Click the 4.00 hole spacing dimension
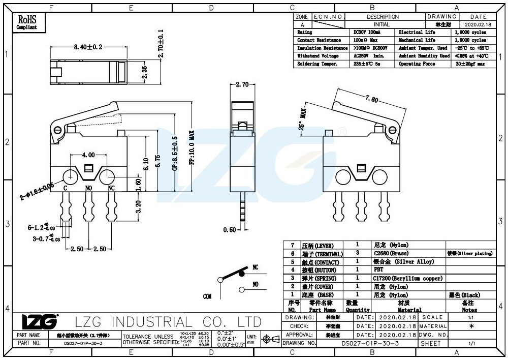click(x=88, y=154)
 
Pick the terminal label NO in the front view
click(x=88, y=188)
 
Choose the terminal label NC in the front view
click(x=111, y=188)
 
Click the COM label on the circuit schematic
click(x=207, y=296)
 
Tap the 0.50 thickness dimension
click(x=229, y=230)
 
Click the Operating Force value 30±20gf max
click(x=470, y=64)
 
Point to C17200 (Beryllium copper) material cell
click(x=407, y=278)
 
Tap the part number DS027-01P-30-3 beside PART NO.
click(x=83, y=343)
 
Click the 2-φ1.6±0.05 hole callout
click(x=37, y=192)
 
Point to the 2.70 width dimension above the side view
click(x=242, y=85)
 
